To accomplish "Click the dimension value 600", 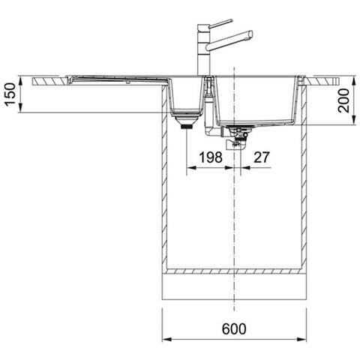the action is (234, 328).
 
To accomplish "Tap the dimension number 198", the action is (211, 157).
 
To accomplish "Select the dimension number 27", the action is (262, 157).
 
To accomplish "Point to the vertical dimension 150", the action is (10, 94).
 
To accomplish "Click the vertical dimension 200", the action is (343, 100).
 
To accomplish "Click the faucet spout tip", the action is (250, 34).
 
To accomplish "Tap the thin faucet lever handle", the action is (221, 23).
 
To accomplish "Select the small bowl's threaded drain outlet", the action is (187, 127).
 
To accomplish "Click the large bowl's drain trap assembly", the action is (235, 137).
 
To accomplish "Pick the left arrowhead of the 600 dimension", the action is (166, 339).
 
